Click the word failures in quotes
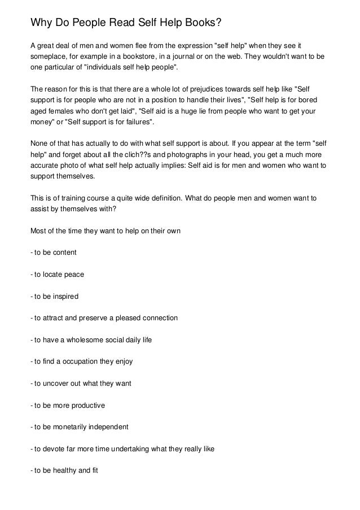click(135, 121)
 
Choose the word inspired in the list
click(64, 296)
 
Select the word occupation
click(81, 361)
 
